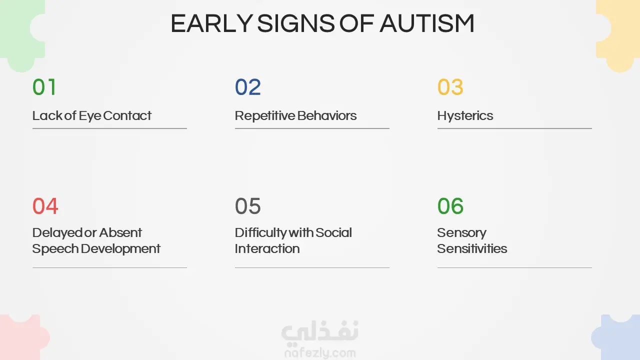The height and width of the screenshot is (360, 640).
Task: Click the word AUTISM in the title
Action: (427, 23)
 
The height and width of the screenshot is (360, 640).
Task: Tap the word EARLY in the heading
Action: (211, 23)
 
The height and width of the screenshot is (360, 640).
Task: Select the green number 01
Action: (44, 87)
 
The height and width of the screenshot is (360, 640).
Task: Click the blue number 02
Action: (247, 87)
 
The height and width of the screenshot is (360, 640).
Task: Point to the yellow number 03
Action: (450, 87)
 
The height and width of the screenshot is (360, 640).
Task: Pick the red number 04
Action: (45, 206)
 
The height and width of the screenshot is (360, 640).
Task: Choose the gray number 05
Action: (247, 206)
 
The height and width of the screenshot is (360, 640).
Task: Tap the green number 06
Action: (450, 206)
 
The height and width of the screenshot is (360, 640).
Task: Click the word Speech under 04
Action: (55, 249)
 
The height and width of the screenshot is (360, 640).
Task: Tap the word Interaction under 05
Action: (267, 248)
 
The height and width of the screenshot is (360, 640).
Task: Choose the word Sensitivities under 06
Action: (472, 248)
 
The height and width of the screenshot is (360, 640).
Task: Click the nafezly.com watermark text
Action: (320, 353)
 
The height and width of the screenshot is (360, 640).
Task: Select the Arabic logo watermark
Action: (320, 331)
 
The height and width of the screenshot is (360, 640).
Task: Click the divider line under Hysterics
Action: (514, 128)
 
